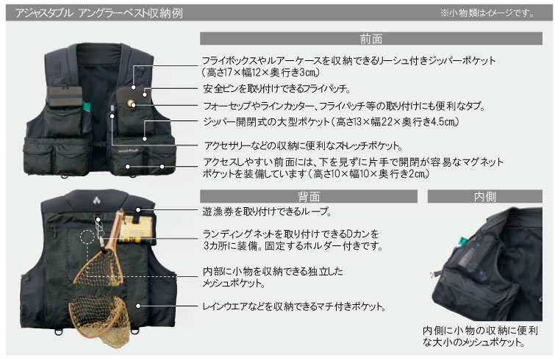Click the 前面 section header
click(371, 39)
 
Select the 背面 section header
click(309, 196)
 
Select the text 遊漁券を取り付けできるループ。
click(265, 212)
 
